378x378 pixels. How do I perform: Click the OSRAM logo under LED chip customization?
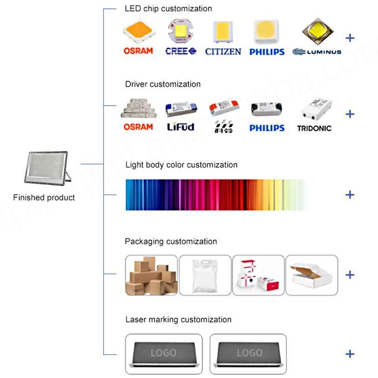pyautogui.click(x=138, y=51)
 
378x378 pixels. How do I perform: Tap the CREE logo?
pyautogui.click(x=181, y=51)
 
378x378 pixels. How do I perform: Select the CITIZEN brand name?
pyautogui.click(x=223, y=51)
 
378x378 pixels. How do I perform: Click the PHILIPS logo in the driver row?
pyautogui.click(x=267, y=128)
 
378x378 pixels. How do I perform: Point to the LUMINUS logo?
pyautogui.click(x=317, y=52)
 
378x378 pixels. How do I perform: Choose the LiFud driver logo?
pyautogui.click(x=180, y=127)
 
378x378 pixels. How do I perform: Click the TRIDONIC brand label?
pyautogui.click(x=314, y=128)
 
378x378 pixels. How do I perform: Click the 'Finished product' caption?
pyautogui.click(x=44, y=197)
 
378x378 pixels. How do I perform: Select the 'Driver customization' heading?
pyautogui.click(x=163, y=84)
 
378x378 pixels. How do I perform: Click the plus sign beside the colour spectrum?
pyautogui.click(x=350, y=194)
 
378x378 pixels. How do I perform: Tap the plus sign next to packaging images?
pyautogui.click(x=350, y=275)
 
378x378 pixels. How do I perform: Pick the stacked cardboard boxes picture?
pyautogui.click(x=151, y=275)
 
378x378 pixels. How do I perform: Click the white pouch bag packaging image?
pyautogui.click(x=205, y=275)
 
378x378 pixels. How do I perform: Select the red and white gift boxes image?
pyautogui.click(x=258, y=275)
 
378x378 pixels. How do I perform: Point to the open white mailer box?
pyautogui.click(x=311, y=275)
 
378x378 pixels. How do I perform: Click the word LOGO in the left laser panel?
pyautogui.click(x=163, y=353)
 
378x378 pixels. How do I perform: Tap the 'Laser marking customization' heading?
pyautogui.click(x=178, y=320)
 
